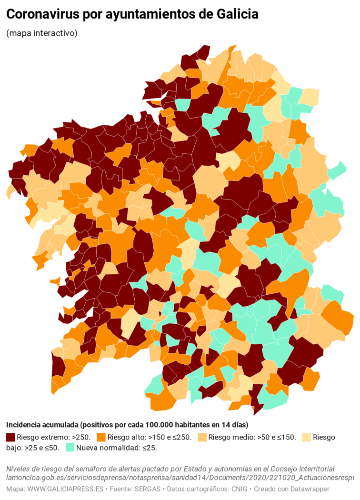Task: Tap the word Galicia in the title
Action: (237, 15)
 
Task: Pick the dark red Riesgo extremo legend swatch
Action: (10, 437)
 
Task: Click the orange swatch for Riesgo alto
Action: (101, 437)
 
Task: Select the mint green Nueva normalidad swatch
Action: (70, 448)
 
